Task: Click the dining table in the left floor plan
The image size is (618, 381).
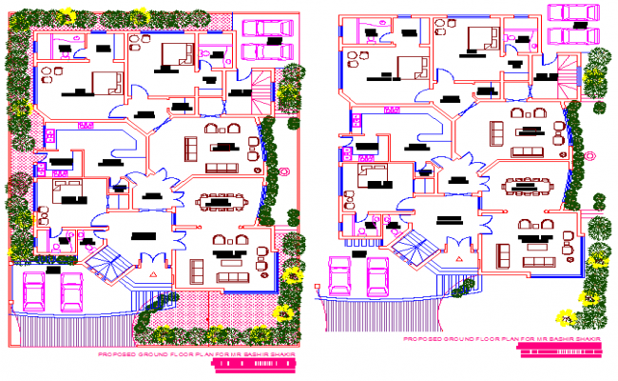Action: pyautogui.click(x=221, y=201)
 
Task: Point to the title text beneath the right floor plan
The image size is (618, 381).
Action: pyautogui.click(x=504, y=338)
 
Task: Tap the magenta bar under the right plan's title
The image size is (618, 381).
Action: pyautogui.click(x=561, y=348)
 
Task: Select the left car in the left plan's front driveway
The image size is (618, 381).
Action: pyautogui.click(x=33, y=291)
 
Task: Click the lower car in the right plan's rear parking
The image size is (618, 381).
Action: pyautogui.click(x=568, y=35)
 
